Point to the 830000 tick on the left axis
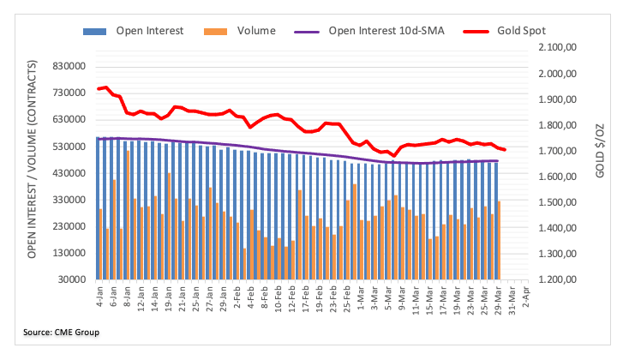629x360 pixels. click(70, 66)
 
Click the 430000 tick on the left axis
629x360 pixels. click(70, 173)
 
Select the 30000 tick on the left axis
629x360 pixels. click(73, 280)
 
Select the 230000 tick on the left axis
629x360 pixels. click(70, 226)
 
